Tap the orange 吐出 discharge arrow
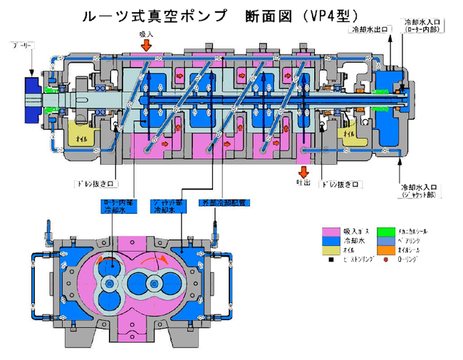coord(304,172)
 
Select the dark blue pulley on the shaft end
coord(33,97)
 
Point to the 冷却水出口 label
coord(368,31)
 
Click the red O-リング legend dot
coord(385,262)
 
